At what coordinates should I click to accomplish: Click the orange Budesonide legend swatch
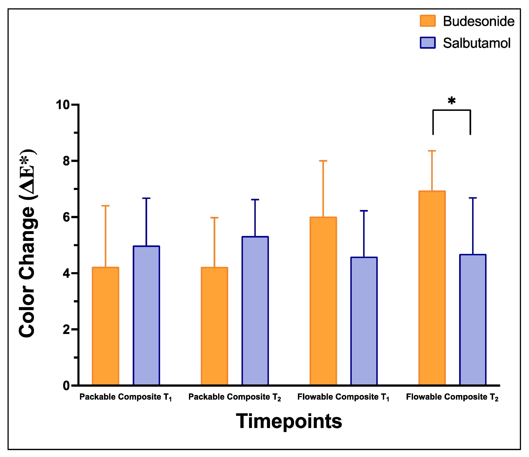pos(428,21)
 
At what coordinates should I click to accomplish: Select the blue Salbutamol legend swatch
pos(428,43)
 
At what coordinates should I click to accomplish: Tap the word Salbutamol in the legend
pos(476,43)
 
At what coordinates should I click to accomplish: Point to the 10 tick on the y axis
pos(63,105)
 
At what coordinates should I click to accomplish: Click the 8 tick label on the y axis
pos(66,161)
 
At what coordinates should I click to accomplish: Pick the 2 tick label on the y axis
pos(66,329)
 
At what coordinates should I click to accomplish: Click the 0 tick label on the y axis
pos(66,386)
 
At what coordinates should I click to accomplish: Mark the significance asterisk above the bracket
pos(452,101)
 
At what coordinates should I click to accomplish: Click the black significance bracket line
pos(452,110)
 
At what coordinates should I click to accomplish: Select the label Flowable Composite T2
pos(452,397)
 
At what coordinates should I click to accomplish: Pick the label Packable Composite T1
pos(126,397)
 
